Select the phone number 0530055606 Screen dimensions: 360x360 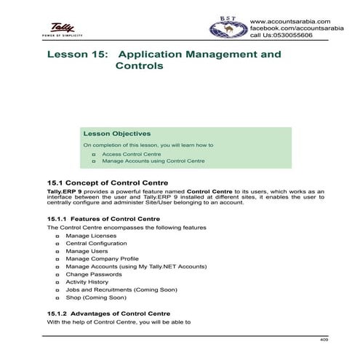click(305, 35)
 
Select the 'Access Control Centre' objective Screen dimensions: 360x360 click(131, 154)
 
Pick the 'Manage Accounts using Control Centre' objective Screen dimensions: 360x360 click(153, 161)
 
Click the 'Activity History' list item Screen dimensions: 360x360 click(87, 281)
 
